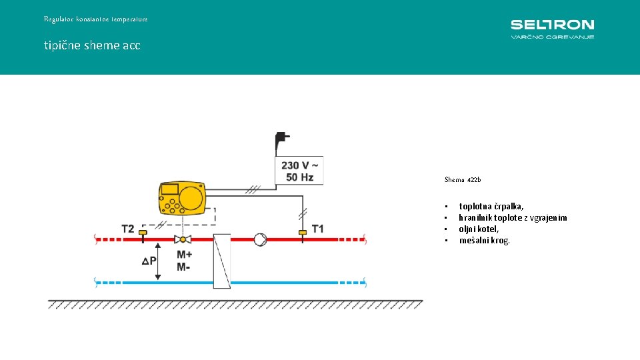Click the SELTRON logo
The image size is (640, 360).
[552, 29]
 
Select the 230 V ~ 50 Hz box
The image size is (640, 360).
[299, 171]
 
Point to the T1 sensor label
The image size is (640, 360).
[318, 229]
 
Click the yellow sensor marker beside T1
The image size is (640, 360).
[302, 232]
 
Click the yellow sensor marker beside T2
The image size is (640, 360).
[142, 232]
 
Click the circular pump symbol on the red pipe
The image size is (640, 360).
[260, 239]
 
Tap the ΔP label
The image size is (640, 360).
[149, 261]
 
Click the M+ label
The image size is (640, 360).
[185, 255]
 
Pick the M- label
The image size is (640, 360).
[183, 267]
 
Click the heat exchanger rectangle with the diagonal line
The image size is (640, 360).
[222, 261]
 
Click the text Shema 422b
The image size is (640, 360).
[463, 180]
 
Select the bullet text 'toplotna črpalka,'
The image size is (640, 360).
[491, 207]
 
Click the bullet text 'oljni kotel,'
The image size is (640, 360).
[479, 229]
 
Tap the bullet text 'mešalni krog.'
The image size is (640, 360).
[485, 240]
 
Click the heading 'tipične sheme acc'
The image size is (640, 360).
[92, 45]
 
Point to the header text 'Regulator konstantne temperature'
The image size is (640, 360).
[96, 19]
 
